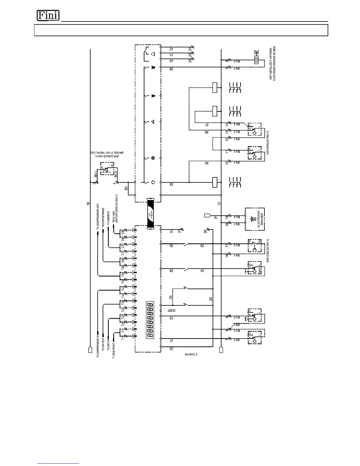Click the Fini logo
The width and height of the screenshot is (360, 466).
48,16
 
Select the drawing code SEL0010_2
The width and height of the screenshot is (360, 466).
191,355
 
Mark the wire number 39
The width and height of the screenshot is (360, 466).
171,69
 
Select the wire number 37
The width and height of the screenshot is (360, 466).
207,125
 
